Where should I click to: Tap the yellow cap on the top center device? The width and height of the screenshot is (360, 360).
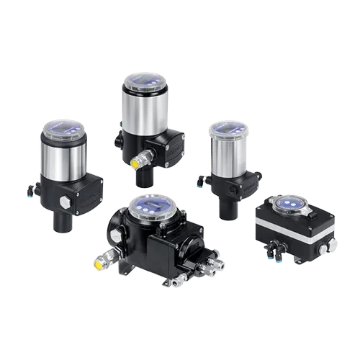point(135,162)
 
